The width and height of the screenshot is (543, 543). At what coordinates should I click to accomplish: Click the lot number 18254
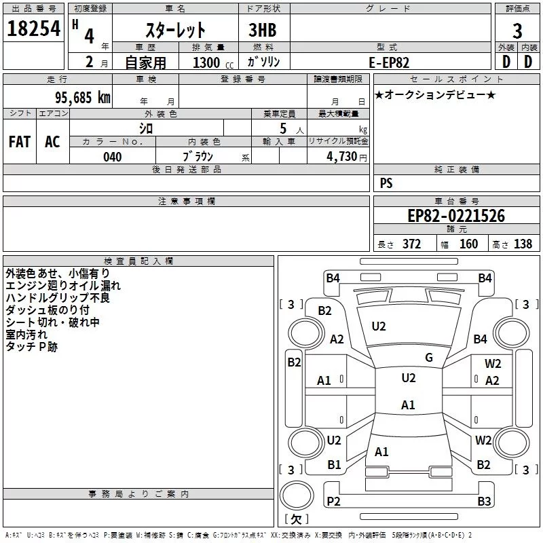[x=33, y=29]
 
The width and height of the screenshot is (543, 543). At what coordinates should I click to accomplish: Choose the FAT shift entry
[x=19, y=141]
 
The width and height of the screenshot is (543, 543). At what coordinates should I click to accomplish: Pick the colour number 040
[x=112, y=157]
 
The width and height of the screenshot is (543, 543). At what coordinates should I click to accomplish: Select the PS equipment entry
[x=386, y=183]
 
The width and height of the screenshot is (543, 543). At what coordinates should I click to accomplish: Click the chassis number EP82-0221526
[x=456, y=217]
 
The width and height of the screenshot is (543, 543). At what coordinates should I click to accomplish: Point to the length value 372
[x=411, y=244]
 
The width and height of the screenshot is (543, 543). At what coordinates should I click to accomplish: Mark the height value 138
[x=523, y=244]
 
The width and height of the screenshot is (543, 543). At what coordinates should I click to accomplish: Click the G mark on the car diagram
[x=428, y=358]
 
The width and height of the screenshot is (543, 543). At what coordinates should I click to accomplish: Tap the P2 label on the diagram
[x=333, y=502]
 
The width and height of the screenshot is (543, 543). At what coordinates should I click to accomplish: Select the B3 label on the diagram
[x=483, y=502]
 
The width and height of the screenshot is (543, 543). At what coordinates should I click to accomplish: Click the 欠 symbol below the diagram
[x=295, y=519]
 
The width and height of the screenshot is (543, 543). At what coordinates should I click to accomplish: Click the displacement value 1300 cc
[x=208, y=63]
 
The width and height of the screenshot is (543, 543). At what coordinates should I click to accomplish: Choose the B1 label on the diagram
[x=334, y=465]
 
